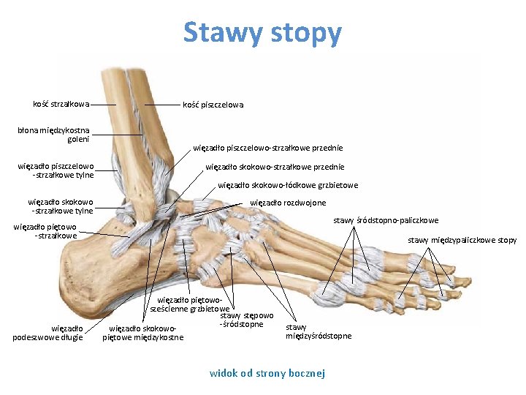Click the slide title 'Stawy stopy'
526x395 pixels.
pyautogui.click(x=262, y=33)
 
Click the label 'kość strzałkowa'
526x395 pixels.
pyautogui.click(x=61, y=104)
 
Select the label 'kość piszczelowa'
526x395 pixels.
pyautogui.click(x=213, y=105)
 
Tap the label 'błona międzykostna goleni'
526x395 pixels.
pyautogui.click(x=54, y=135)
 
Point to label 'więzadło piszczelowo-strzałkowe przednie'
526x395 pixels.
pyautogui.click(x=268, y=148)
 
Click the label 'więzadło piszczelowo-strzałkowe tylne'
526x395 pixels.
pyautogui.click(x=56, y=170)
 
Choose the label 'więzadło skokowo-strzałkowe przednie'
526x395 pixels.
pyautogui.click(x=275, y=167)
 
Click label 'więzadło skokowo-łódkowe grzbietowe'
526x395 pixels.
pyautogui.click(x=288, y=185)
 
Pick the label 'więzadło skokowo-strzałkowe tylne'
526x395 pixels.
pyautogui.click(x=61, y=206)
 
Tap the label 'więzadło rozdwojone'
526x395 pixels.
pyautogui.click(x=288, y=203)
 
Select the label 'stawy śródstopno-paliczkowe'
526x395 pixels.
pyautogui.click(x=386, y=220)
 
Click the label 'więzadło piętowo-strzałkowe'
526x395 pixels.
pyautogui.click(x=45, y=231)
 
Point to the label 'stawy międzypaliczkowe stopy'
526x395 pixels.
pyautogui.click(x=462, y=240)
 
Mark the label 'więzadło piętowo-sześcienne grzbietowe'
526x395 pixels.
pyautogui.click(x=189, y=304)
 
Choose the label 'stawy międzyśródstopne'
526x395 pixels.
pyautogui.click(x=318, y=331)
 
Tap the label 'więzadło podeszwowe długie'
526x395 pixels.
pyautogui.click(x=47, y=332)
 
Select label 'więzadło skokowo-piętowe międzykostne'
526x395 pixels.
pyautogui.click(x=143, y=332)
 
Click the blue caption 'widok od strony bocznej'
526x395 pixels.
pyautogui.click(x=267, y=373)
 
